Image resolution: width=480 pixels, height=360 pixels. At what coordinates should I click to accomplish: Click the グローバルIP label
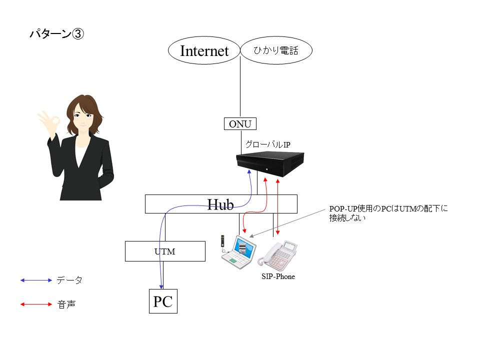[x=268, y=144]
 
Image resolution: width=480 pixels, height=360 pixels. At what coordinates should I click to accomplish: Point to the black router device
[x=270, y=164]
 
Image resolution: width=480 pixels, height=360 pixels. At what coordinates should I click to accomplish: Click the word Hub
[x=220, y=204]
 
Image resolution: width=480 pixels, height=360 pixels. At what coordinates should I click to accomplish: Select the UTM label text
[x=164, y=251]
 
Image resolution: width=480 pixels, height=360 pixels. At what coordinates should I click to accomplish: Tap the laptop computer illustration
[x=239, y=252]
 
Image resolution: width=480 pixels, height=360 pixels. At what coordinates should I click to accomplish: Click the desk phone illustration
[x=277, y=254]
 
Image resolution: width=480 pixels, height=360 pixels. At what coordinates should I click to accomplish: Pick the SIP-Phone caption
[x=278, y=276]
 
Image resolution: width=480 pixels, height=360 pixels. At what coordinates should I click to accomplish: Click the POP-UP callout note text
[x=388, y=213]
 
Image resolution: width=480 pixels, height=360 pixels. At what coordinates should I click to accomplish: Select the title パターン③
[x=56, y=33]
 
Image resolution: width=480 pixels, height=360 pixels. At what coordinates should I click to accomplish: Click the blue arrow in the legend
[x=36, y=280]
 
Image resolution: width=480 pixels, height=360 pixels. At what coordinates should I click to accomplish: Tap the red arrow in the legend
[x=36, y=304]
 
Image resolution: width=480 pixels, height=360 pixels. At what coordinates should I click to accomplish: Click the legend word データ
[x=69, y=280]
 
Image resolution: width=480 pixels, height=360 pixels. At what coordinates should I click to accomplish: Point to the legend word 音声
[x=66, y=304]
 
